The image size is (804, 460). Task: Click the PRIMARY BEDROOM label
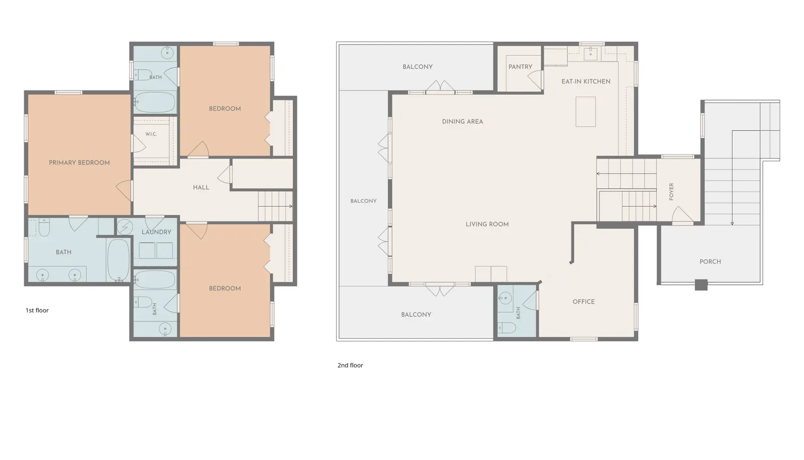coord(79,163)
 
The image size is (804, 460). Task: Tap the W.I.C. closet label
coord(151,134)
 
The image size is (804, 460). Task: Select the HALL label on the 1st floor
coord(201,187)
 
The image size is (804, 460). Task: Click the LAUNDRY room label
coord(156,232)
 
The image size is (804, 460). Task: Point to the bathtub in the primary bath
coord(119,260)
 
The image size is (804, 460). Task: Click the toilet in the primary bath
coord(44,227)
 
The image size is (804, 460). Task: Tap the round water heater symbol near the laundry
coord(125,227)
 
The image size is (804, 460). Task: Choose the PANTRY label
coord(521,67)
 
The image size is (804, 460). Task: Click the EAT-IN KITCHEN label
coord(586,82)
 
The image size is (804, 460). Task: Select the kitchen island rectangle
coord(586,111)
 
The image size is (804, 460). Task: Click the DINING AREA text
coord(462,121)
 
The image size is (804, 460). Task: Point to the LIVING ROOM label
coord(487,224)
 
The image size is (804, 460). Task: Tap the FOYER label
coord(671,192)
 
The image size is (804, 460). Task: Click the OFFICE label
coord(583,302)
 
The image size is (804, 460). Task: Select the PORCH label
coord(711,262)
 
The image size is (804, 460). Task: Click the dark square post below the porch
coord(701,285)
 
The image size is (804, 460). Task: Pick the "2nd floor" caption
coord(350,365)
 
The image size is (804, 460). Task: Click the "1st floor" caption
coord(37,310)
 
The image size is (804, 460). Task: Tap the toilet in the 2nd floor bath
coord(507,328)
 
